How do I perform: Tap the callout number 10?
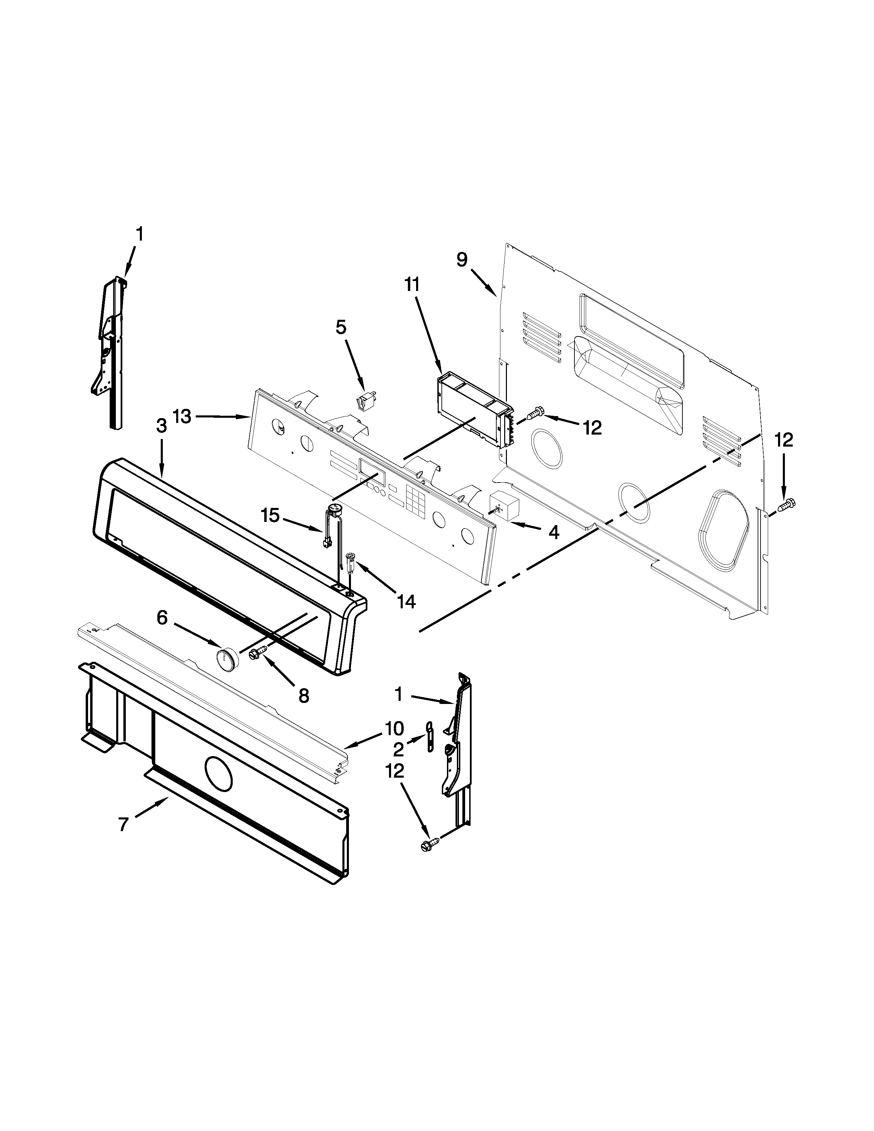point(394,729)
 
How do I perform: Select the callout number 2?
point(398,749)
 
